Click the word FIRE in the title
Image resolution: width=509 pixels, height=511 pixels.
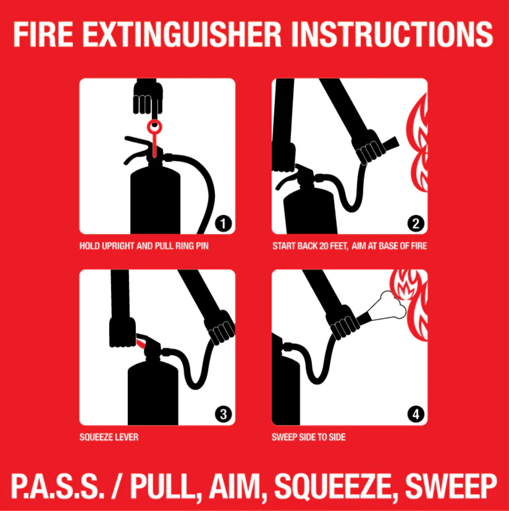point(43,34)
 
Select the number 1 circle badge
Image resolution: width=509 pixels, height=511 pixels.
point(223,223)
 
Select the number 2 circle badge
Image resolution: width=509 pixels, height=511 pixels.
point(416,223)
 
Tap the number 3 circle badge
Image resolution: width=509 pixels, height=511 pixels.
point(223,414)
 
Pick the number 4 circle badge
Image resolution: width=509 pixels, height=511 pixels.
point(416,414)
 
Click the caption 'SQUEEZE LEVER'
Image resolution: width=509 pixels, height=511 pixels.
point(109,437)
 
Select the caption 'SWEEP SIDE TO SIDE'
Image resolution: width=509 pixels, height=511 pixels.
point(308,437)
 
